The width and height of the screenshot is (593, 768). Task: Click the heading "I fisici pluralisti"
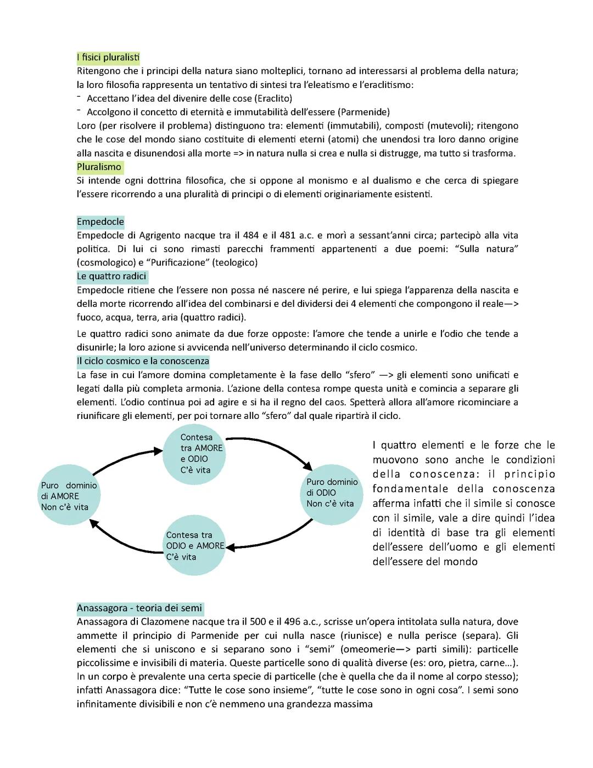tap(108, 57)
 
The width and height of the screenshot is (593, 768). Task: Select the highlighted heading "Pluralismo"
tap(99, 167)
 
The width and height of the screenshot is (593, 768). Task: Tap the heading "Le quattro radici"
tap(111, 276)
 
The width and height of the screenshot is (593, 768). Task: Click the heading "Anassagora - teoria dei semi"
tap(139, 608)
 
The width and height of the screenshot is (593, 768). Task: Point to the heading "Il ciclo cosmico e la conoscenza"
tap(143, 361)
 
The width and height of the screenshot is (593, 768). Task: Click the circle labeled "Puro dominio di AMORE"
tap(69, 496)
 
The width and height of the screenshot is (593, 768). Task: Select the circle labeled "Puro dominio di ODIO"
tap(332, 493)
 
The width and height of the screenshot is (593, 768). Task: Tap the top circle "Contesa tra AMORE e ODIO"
tap(194, 454)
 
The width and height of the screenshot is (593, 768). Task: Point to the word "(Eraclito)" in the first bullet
tap(273, 98)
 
